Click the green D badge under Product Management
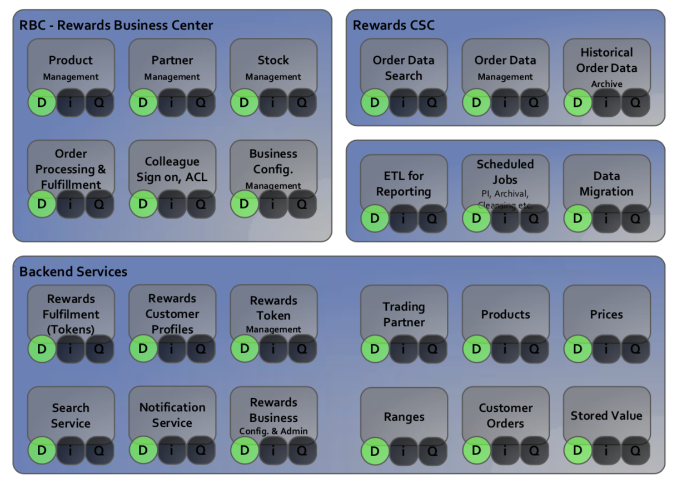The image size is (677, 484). [x=42, y=103]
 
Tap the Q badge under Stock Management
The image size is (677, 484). [x=302, y=103]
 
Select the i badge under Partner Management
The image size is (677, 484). [x=172, y=103]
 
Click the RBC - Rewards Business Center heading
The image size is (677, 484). [x=116, y=25]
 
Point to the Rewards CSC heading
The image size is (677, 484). [x=394, y=25]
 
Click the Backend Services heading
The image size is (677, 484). [x=73, y=271]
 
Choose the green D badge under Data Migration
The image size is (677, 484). [x=578, y=219]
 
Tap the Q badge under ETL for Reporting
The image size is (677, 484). [x=432, y=219]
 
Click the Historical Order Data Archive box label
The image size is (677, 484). [x=606, y=67]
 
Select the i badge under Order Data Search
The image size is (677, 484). [x=404, y=103]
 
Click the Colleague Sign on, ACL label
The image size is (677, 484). [x=172, y=170]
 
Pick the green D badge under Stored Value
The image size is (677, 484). [x=578, y=451]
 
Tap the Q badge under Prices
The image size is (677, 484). [x=635, y=349]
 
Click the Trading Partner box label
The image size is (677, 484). [x=404, y=314]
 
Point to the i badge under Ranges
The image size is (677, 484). [x=404, y=451]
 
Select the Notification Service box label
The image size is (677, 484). [x=172, y=415]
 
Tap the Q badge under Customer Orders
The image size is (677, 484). [x=534, y=451]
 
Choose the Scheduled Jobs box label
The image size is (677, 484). [x=505, y=172]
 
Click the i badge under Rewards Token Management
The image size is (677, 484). [x=273, y=349]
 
